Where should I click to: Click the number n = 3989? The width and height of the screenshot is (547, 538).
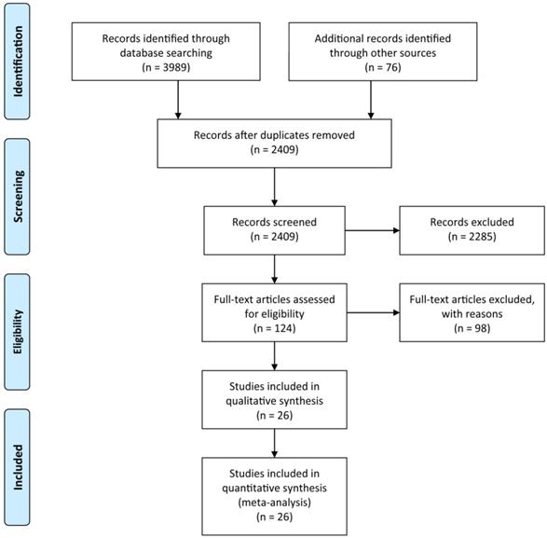coord(165,67)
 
